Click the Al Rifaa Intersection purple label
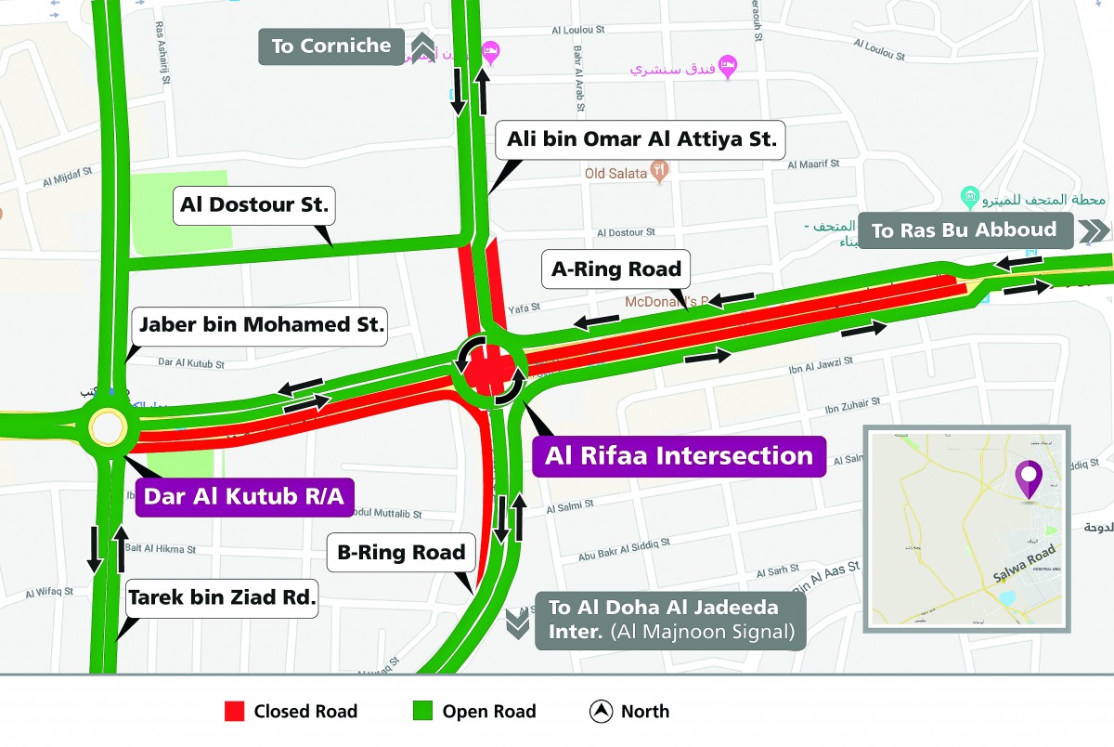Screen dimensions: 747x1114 pyautogui.click(x=679, y=456)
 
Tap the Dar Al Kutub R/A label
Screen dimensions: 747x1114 pyautogui.click(x=243, y=496)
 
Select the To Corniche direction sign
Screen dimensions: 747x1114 pyautogui.click(x=331, y=46)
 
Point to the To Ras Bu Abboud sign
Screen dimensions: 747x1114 pyautogui.click(x=964, y=230)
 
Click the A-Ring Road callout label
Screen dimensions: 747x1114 pyautogui.click(x=616, y=269)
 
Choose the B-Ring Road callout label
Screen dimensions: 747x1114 pyautogui.click(x=401, y=553)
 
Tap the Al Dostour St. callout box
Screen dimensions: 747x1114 pyautogui.click(x=254, y=204)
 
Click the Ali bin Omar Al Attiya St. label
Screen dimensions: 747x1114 pyautogui.click(x=641, y=141)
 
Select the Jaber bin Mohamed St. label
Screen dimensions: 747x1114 pyautogui.click(x=261, y=325)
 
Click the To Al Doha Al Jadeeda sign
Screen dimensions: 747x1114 pyautogui.click(x=669, y=620)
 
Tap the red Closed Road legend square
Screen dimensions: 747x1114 pyautogui.click(x=235, y=712)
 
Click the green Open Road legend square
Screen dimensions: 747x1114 pyautogui.click(x=423, y=712)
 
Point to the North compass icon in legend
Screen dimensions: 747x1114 pyautogui.click(x=601, y=712)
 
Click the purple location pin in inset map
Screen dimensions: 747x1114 pyautogui.click(x=1028, y=478)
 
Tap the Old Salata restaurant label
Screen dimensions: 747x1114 pyautogui.click(x=616, y=173)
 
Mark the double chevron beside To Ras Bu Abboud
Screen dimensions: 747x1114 pyautogui.click(x=1093, y=230)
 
